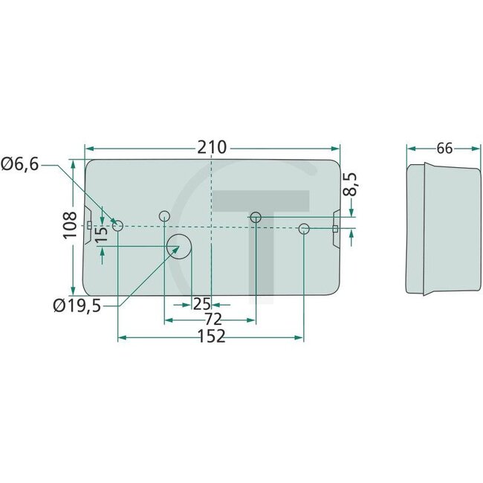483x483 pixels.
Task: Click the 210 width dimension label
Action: click(x=212, y=147)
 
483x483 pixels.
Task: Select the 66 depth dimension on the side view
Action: click(x=444, y=148)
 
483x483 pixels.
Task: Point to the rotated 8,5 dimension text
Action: click(x=351, y=184)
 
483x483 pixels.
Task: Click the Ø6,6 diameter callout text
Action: click(x=20, y=164)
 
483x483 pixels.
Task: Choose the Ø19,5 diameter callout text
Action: click(x=77, y=305)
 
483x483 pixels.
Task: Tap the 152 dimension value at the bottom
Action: click(x=212, y=338)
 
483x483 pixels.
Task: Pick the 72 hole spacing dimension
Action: click(x=213, y=320)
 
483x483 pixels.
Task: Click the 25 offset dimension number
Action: click(x=201, y=304)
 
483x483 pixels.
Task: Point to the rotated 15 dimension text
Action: click(x=103, y=231)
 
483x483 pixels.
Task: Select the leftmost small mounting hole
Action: click(x=117, y=224)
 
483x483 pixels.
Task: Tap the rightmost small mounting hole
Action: click(x=303, y=228)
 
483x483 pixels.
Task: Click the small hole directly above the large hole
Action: click(x=164, y=216)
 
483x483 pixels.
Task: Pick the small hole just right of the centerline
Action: click(x=256, y=217)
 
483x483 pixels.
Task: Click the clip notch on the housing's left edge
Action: click(x=89, y=225)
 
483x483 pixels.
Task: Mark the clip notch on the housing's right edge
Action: click(x=335, y=226)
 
